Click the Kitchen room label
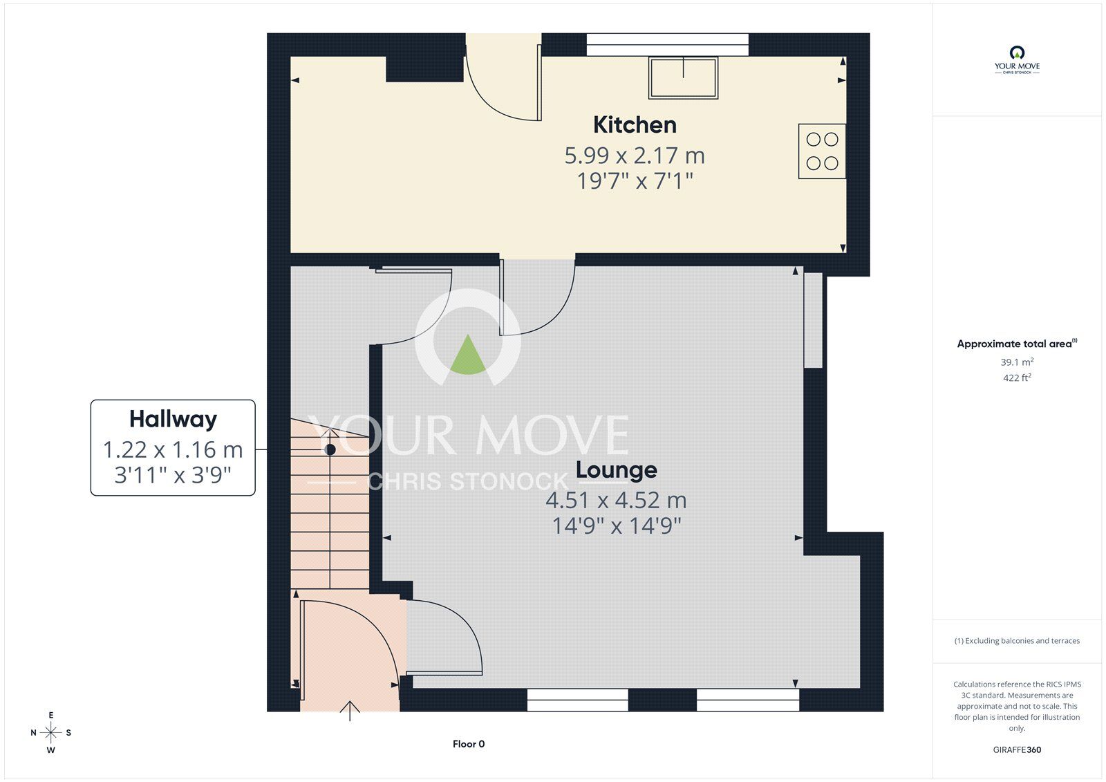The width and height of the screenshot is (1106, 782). (635, 125)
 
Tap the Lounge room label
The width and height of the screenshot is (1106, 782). (616, 470)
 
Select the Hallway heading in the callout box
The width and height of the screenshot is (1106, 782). (173, 419)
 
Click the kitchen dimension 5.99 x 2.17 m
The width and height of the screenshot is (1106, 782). (635, 156)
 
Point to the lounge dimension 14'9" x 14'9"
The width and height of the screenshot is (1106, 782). (616, 526)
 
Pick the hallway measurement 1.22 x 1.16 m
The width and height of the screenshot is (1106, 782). (173, 450)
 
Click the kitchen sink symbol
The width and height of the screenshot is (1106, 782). (683, 77)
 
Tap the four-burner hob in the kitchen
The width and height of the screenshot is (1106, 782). (822, 151)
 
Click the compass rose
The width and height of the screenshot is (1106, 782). (51, 732)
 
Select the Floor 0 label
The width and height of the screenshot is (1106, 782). (469, 744)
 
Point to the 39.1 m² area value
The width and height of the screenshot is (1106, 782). (1017, 362)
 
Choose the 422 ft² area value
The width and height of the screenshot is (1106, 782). (1017, 378)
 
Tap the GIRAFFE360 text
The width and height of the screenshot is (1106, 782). (1017, 750)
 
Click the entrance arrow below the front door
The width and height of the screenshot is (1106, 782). (350, 711)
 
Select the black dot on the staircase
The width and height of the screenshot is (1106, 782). (330, 449)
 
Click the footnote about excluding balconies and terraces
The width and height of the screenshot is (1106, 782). (1017, 641)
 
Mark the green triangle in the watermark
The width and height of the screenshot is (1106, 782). (468, 356)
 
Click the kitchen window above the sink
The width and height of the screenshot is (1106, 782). (667, 44)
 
